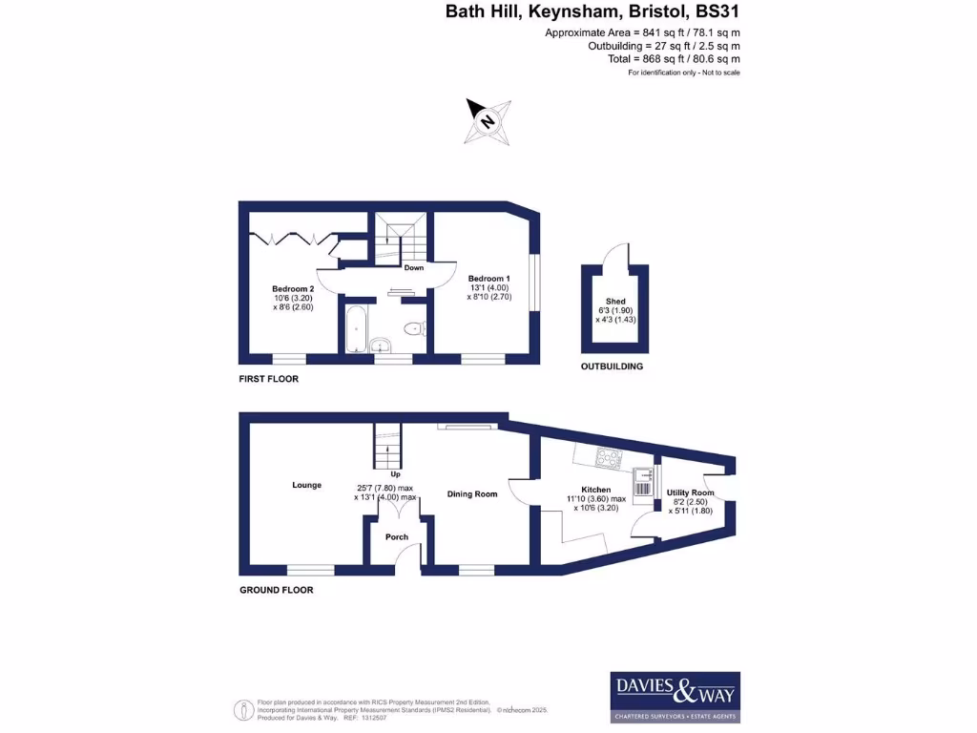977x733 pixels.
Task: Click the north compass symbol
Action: [488, 121]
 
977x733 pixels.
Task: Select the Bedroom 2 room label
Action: [292, 289]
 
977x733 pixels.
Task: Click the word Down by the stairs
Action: [413, 268]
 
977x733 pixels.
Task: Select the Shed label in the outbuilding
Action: [614, 301]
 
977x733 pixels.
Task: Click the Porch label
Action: [397, 537]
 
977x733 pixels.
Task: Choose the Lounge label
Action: [306, 485]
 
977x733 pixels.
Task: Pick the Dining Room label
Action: [472, 493]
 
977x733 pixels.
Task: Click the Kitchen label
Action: [595, 490]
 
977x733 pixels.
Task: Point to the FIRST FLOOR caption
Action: [268, 379]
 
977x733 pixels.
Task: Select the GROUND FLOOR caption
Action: [276, 590]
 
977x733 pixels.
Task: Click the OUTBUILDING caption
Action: [612, 366]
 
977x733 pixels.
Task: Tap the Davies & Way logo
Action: [675, 697]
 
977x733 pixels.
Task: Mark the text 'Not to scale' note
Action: [720, 73]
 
